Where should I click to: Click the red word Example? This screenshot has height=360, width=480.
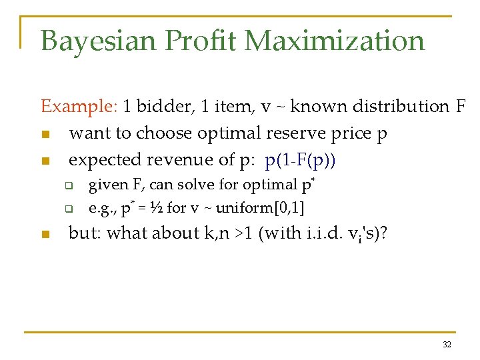click(79, 107)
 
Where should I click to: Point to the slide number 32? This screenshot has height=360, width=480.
click(446, 345)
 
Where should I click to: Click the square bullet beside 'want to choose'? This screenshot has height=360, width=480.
click(45, 134)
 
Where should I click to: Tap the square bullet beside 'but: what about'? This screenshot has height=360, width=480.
click(45, 234)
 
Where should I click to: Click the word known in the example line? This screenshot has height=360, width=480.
click(310, 107)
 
